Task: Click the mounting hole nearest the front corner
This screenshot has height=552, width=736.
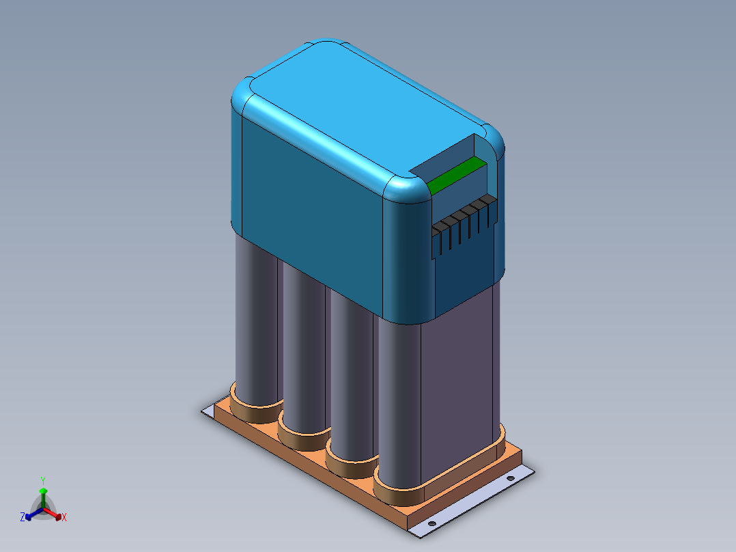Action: tap(431, 524)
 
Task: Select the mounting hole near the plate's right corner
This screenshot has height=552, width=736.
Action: tap(509, 478)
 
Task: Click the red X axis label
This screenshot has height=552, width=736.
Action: tap(64, 518)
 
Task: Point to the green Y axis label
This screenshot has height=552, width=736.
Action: tap(42, 480)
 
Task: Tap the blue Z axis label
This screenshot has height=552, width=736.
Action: tap(23, 517)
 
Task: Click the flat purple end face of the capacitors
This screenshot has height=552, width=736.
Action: tap(457, 383)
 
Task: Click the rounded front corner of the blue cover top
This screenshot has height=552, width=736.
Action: tap(408, 189)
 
